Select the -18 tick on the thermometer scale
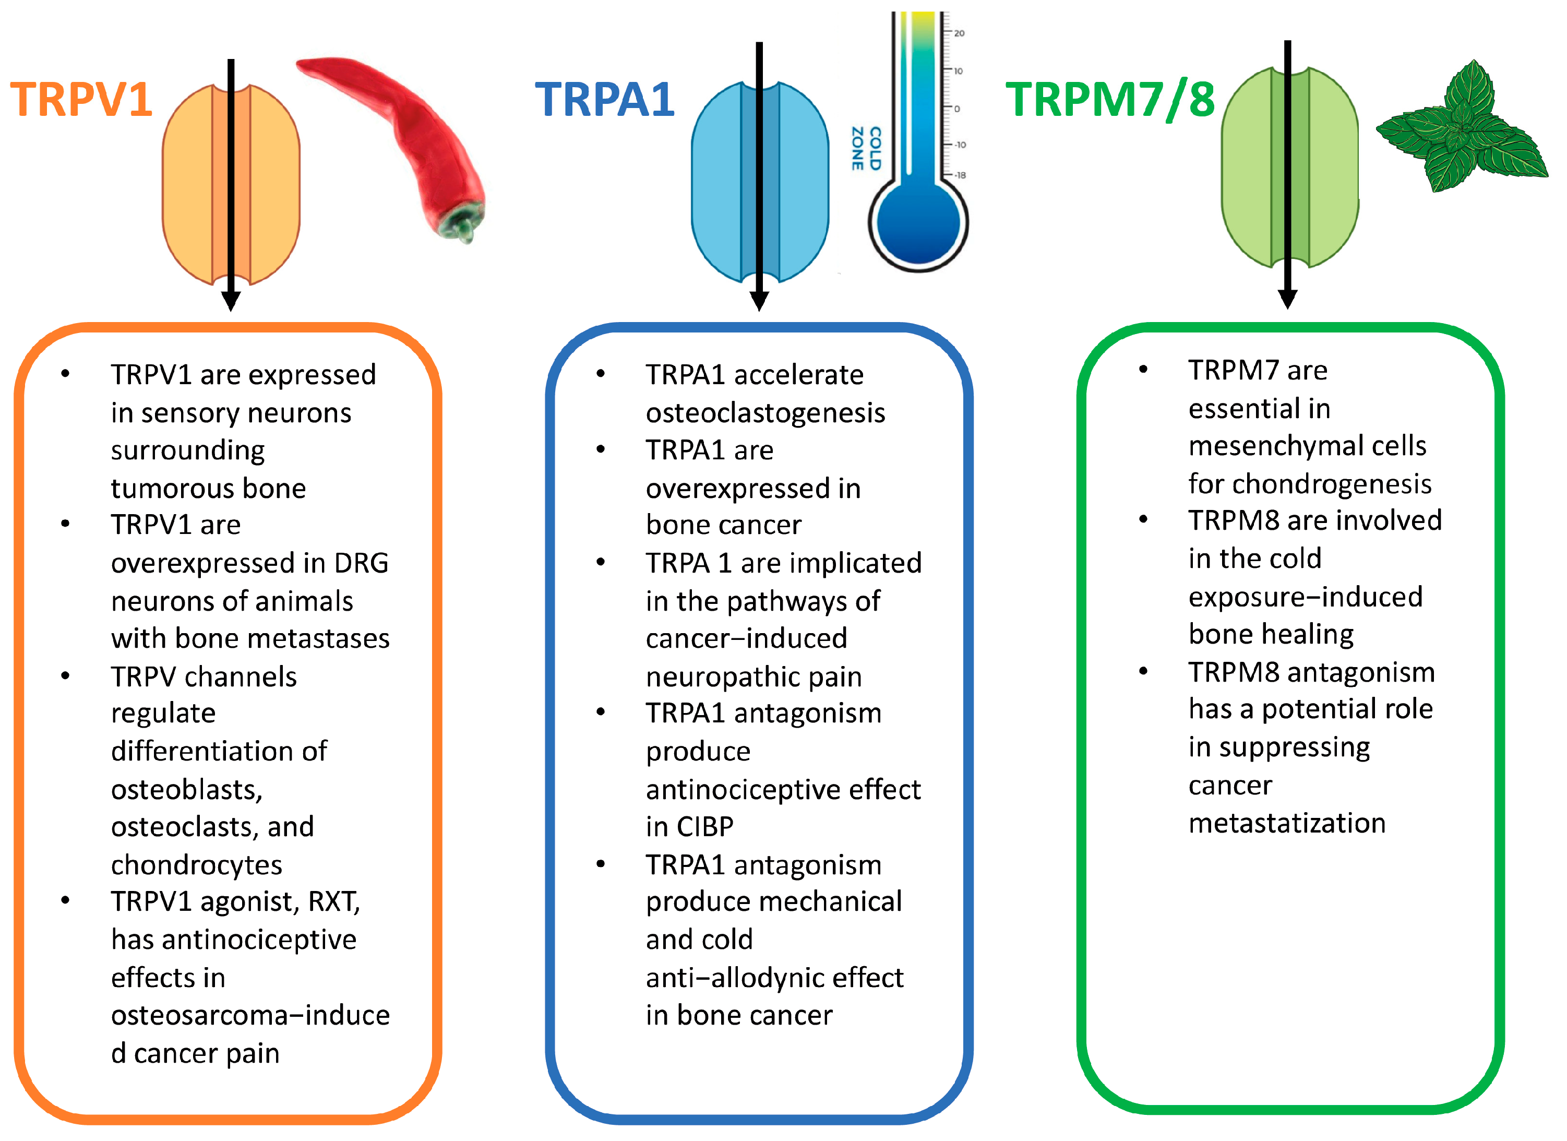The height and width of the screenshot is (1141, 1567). pos(960,175)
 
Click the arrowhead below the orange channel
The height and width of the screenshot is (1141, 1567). pos(231,301)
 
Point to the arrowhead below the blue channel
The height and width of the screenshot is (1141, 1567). pos(759,301)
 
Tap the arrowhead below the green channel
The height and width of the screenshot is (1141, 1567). pos(1287,299)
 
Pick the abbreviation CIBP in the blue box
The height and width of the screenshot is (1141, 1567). pos(705,827)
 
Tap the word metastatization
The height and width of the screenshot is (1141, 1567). pos(1286,824)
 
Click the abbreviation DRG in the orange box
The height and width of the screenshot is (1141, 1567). pos(361,564)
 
